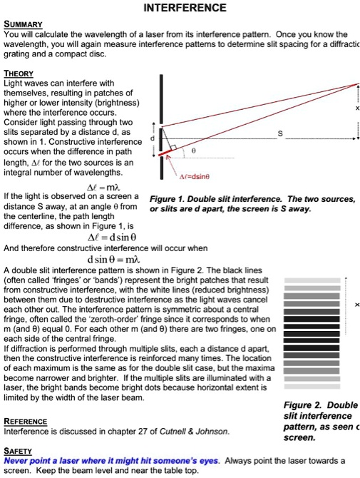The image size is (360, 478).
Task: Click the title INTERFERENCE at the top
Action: (x=185, y=8)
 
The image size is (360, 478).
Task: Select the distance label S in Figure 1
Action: (x=279, y=133)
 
